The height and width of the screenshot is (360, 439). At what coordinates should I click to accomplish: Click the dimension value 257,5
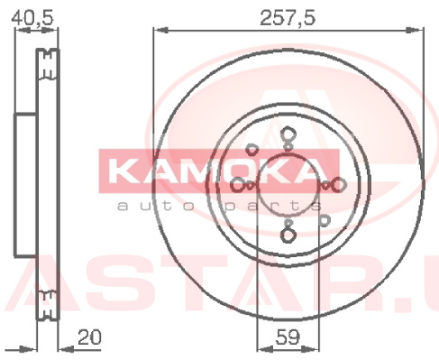tap(288, 18)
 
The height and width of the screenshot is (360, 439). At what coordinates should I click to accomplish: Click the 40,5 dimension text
tap(32, 18)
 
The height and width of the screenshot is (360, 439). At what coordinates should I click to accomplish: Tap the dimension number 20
tap(89, 337)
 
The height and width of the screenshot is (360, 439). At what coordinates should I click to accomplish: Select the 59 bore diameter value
tap(288, 337)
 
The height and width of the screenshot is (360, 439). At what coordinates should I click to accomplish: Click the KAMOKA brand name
tap(215, 171)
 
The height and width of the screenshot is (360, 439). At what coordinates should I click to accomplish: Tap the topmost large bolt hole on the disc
tap(288, 134)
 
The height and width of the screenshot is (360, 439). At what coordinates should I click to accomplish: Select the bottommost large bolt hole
tap(288, 235)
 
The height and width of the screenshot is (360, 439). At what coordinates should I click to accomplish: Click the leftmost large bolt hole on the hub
tap(238, 185)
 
